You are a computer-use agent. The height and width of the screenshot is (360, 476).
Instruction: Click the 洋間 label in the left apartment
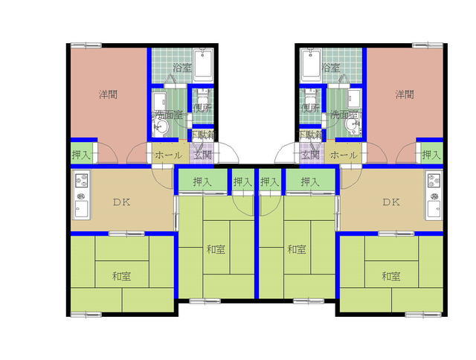pos(108,94)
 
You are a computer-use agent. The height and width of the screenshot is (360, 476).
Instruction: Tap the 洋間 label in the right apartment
pos(404,94)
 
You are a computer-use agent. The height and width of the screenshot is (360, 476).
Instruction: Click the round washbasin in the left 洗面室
pos(163,129)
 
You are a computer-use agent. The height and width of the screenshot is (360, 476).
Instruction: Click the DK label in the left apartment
pos(122,202)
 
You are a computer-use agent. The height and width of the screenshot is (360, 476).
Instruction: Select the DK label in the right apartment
pos(391,202)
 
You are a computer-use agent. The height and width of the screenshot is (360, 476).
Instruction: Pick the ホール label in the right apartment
pos(343,155)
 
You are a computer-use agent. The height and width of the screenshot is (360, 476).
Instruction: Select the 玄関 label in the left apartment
pos(202,155)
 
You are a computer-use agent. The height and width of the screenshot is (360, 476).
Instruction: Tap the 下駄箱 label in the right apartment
pos(310,135)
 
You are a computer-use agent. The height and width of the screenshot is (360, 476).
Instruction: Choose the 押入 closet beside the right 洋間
pos(430,155)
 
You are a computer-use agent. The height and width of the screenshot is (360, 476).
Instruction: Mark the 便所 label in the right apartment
pos(309,109)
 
